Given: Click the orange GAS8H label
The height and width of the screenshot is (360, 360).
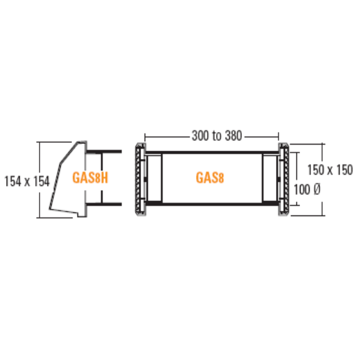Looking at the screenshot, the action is (90, 178).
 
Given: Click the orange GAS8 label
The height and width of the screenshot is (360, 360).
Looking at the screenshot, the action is (209, 178).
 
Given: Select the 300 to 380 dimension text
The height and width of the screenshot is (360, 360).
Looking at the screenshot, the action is (217, 136).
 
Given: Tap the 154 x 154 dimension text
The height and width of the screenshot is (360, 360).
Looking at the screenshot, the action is (27, 181).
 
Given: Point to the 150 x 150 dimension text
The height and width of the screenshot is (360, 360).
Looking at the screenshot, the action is (330, 170).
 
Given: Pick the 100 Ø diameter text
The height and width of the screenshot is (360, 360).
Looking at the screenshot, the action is (307, 190).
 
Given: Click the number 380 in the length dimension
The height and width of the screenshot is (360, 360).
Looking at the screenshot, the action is (233, 136).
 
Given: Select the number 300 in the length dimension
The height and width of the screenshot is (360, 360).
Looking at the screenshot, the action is (200, 136).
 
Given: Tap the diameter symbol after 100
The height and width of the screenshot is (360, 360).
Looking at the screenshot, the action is (316, 190).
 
